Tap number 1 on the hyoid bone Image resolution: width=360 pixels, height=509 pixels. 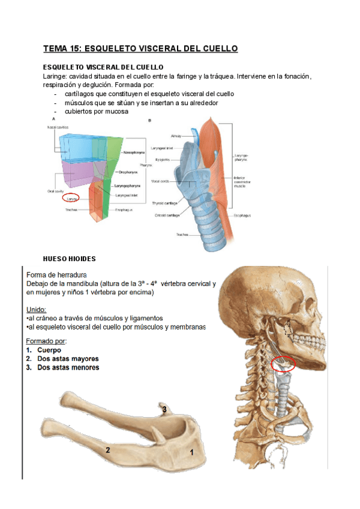coord(191,453)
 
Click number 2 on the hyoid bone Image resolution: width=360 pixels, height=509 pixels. coord(107,450)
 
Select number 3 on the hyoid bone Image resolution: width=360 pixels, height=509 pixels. coord(164,409)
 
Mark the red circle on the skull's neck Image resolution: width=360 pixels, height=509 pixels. coord(283,363)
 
